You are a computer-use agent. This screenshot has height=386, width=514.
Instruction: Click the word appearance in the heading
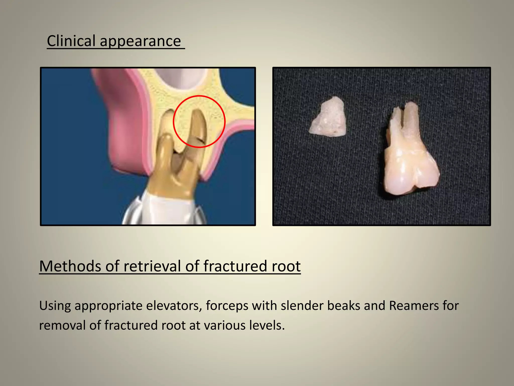pos(140,41)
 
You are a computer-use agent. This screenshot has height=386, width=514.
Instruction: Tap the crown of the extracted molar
pos(412,173)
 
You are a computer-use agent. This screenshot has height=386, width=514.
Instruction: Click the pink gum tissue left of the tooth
pos(123,126)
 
